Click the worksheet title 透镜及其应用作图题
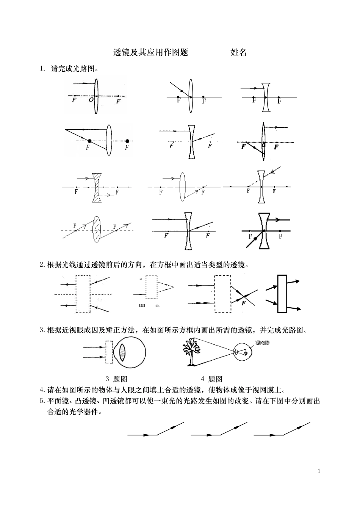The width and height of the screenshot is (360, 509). pyautogui.click(x=151, y=53)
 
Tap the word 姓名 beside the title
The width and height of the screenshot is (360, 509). pyautogui.click(x=238, y=53)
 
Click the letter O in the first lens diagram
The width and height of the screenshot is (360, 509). pyautogui.click(x=91, y=100)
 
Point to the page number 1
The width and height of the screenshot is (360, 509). pyautogui.click(x=319, y=471)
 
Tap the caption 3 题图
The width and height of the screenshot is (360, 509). pyautogui.click(x=116, y=379)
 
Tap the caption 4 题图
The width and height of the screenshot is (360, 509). pyautogui.click(x=211, y=379)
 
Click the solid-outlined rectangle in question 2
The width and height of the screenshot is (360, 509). pyautogui.click(x=282, y=294)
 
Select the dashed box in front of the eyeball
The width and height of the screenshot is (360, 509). pyautogui.click(x=109, y=352)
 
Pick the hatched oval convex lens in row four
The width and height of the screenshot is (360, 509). pyautogui.click(x=97, y=229)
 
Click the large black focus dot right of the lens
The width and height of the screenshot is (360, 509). pyautogui.click(x=127, y=141)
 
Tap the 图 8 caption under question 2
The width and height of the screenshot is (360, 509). pyautogui.click(x=149, y=305)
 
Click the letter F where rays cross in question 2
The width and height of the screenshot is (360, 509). pyautogui.click(x=243, y=303)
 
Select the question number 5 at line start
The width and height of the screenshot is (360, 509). pyautogui.click(x=42, y=401)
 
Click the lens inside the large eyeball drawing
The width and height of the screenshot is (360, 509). pyautogui.click(x=122, y=352)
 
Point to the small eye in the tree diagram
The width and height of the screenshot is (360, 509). pyautogui.click(x=241, y=352)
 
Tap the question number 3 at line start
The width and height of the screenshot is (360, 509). pyautogui.click(x=42, y=330)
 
